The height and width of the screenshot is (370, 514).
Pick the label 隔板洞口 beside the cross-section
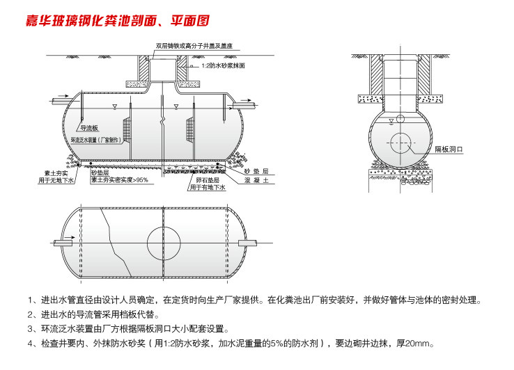(x=449, y=150)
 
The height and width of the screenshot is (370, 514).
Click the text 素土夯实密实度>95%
(x=119, y=179)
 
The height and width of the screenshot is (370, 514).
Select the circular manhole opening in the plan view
(x=164, y=242)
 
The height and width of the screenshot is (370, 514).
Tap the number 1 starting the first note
(x=31, y=300)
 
